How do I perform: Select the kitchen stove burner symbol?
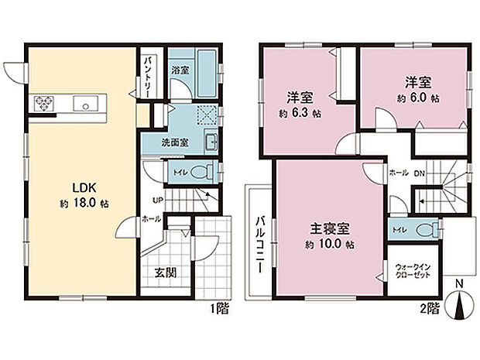pos(42,103)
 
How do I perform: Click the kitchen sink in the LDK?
pos(83,103)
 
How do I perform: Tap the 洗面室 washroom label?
pos(154,143)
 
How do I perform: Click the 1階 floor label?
pos(220,309)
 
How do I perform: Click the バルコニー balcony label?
pos(257,242)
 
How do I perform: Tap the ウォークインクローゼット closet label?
pos(413,271)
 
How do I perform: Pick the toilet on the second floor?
pos(423,229)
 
